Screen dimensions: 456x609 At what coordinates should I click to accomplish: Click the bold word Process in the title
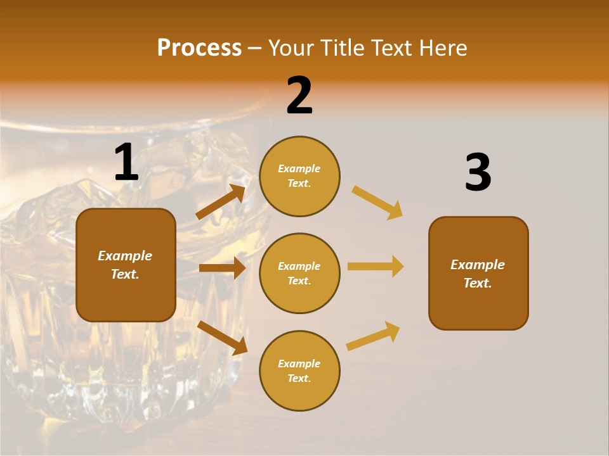[199, 47]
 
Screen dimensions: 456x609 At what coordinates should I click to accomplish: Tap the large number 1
[126, 163]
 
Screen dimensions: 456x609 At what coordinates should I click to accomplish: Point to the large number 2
[299, 96]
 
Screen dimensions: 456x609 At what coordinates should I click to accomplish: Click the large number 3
[478, 172]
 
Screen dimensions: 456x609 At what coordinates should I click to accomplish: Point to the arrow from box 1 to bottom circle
[222, 338]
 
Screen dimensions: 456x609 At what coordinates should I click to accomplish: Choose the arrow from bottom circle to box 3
[373, 336]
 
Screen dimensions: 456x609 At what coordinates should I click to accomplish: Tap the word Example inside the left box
[125, 256]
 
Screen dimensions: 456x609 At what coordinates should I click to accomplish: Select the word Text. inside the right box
[478, 283]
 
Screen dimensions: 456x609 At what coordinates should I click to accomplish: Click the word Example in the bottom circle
[299, 364]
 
